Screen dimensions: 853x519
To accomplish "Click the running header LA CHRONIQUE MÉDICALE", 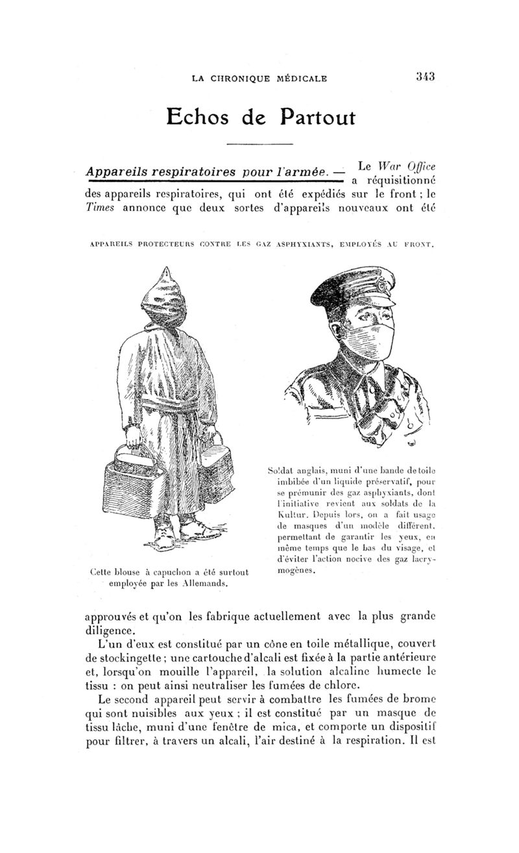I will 259,79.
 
